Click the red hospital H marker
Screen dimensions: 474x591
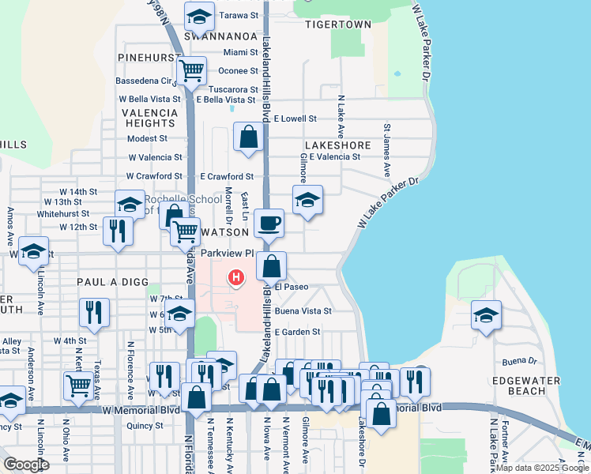tap(235, 277)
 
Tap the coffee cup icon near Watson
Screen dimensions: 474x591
tap(269, 224)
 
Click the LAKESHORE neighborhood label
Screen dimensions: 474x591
tap(337, 145)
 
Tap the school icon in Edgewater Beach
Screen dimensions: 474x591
tap(487, 315)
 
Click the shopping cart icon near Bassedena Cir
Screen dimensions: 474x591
tap(191, 71)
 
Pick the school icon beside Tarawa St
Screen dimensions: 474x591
tap(200, 16)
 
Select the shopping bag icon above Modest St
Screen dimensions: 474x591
tap(249, 137)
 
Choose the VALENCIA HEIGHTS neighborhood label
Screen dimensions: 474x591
tap(149, 118)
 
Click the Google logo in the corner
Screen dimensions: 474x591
tap(26, 464)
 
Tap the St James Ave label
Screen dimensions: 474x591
tap(387, 150)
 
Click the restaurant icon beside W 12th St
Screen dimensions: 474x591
tap(119, 231)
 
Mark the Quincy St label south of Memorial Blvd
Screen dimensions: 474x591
tap(145, 425)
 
